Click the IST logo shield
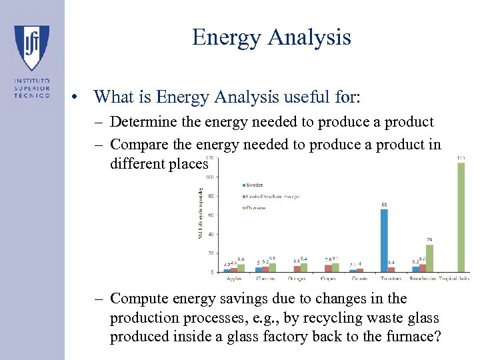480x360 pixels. click(x=31, y=47)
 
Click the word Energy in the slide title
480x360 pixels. click(x=223, y=37)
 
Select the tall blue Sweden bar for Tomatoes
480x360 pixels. click(x=384, y=240)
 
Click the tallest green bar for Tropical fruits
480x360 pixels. click(x=461, y=217)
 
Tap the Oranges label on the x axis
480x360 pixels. click(x=297, y=278)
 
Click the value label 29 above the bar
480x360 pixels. click(x=430, y=239)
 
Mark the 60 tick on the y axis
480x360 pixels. click(x=210, y=215)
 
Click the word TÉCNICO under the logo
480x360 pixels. click(x=31, y=95)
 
